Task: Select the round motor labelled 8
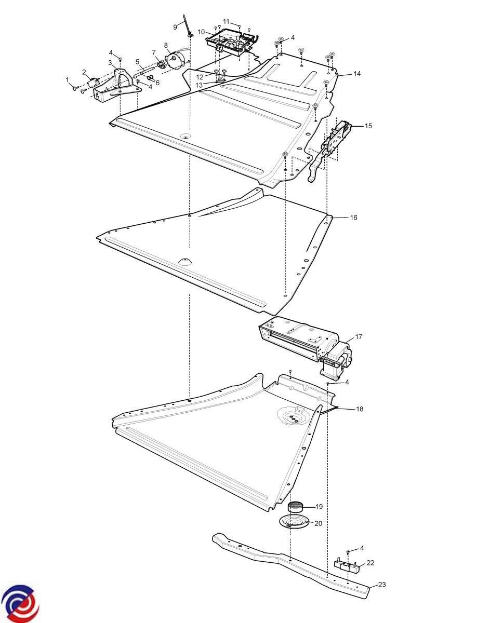point(176,60)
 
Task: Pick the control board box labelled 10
point(232,43)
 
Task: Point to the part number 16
point(353,218)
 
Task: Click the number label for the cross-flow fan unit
point(359,337)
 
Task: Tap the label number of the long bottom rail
point(382,585)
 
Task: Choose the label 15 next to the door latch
point(368,126)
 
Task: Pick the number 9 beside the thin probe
point(175,27)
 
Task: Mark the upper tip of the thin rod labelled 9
point(184,15)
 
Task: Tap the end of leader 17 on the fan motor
point(346,345)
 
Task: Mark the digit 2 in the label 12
point(202,77)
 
